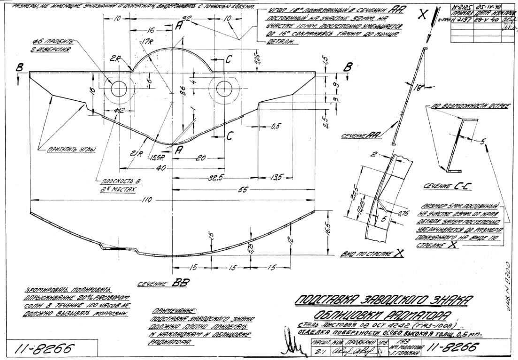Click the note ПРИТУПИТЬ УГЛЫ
tap(70, 150)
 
